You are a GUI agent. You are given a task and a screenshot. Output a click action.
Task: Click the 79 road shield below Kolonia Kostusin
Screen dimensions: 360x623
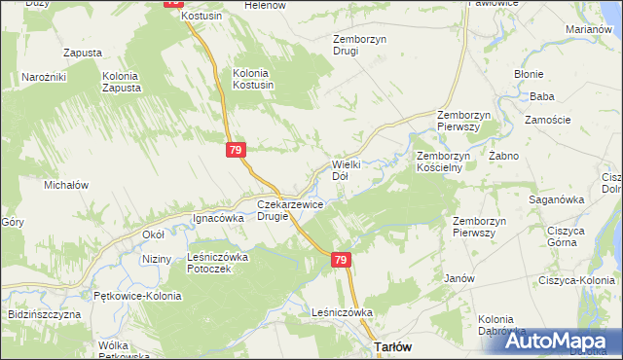pos(236,150)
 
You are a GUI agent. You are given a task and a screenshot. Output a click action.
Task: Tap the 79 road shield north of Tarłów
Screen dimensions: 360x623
pos(340,260)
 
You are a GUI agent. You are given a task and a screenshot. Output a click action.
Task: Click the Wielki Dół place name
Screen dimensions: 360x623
pos(347,170)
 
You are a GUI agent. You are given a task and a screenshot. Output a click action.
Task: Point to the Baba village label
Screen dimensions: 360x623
pos(542,96)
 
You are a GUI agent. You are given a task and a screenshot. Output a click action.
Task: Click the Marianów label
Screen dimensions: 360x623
pos(587,29)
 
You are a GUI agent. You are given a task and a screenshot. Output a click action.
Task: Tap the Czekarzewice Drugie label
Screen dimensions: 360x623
pos(286,210)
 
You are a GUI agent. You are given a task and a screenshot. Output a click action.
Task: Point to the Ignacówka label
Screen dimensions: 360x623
pos(217,219)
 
